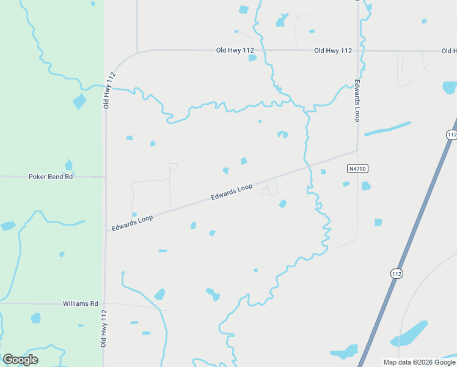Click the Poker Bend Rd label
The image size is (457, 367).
(x=51, y=177)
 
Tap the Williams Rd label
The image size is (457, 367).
(x=80, y=303)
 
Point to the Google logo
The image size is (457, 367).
(x=20, y=360)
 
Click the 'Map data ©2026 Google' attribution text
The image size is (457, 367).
(x=419, y=362)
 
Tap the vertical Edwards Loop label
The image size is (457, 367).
(x=357, y=99)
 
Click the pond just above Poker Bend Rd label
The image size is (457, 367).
(x=68, y=165)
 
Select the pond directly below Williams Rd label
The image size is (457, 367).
(x=36, y=318)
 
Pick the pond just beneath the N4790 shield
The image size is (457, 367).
(x=365, y=186)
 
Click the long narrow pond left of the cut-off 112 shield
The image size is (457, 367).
(x=388, y=129)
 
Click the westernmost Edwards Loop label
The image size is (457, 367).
(x=132, y=221)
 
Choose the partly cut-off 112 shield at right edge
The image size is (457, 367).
(x=452, y=135)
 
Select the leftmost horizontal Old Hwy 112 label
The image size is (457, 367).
(x=235, y=51)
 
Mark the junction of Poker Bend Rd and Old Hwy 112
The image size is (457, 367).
(x=105, y=177)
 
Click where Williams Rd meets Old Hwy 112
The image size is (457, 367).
(x=105, y=303)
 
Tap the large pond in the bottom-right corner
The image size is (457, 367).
(x=410, y=333)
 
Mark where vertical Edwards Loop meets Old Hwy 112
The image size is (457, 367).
(x=357, y=51)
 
